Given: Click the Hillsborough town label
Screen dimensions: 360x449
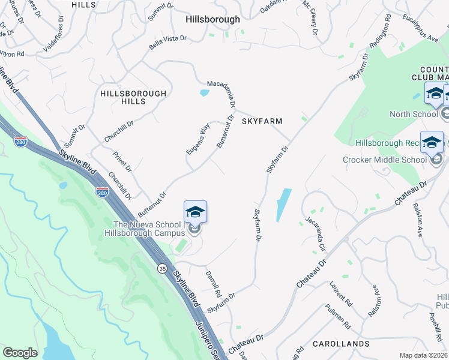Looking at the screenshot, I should [212, 19].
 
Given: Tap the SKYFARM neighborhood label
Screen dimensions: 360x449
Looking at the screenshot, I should [262, 121].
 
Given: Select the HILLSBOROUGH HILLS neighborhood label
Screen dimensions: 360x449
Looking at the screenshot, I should [133, 98].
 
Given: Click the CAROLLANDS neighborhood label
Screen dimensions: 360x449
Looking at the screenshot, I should [341, 344].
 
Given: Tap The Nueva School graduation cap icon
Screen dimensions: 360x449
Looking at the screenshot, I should [195, 212].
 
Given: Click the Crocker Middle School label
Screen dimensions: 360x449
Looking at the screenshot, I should [384, 160].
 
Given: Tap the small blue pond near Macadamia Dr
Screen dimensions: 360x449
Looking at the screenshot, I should [204, 93].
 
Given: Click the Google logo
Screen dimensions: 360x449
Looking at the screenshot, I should [20, 353].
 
